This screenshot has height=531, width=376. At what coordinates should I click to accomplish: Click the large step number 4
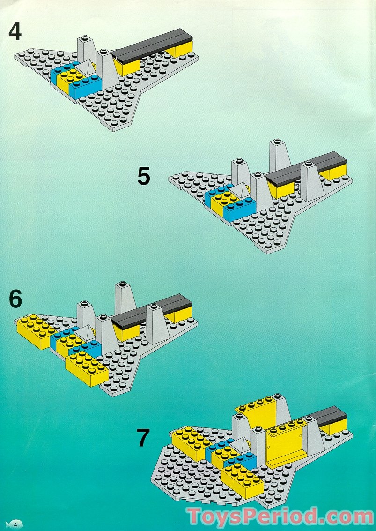(15, 31)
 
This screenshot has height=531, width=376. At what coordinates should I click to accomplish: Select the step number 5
(144, 177)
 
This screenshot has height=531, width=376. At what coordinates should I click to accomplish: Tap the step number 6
(15, 299)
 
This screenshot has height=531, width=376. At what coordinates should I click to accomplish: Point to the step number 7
(143, 438)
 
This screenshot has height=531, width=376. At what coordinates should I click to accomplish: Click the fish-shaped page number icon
(15, 523)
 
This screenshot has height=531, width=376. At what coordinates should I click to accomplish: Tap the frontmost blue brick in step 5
(240, 209)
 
